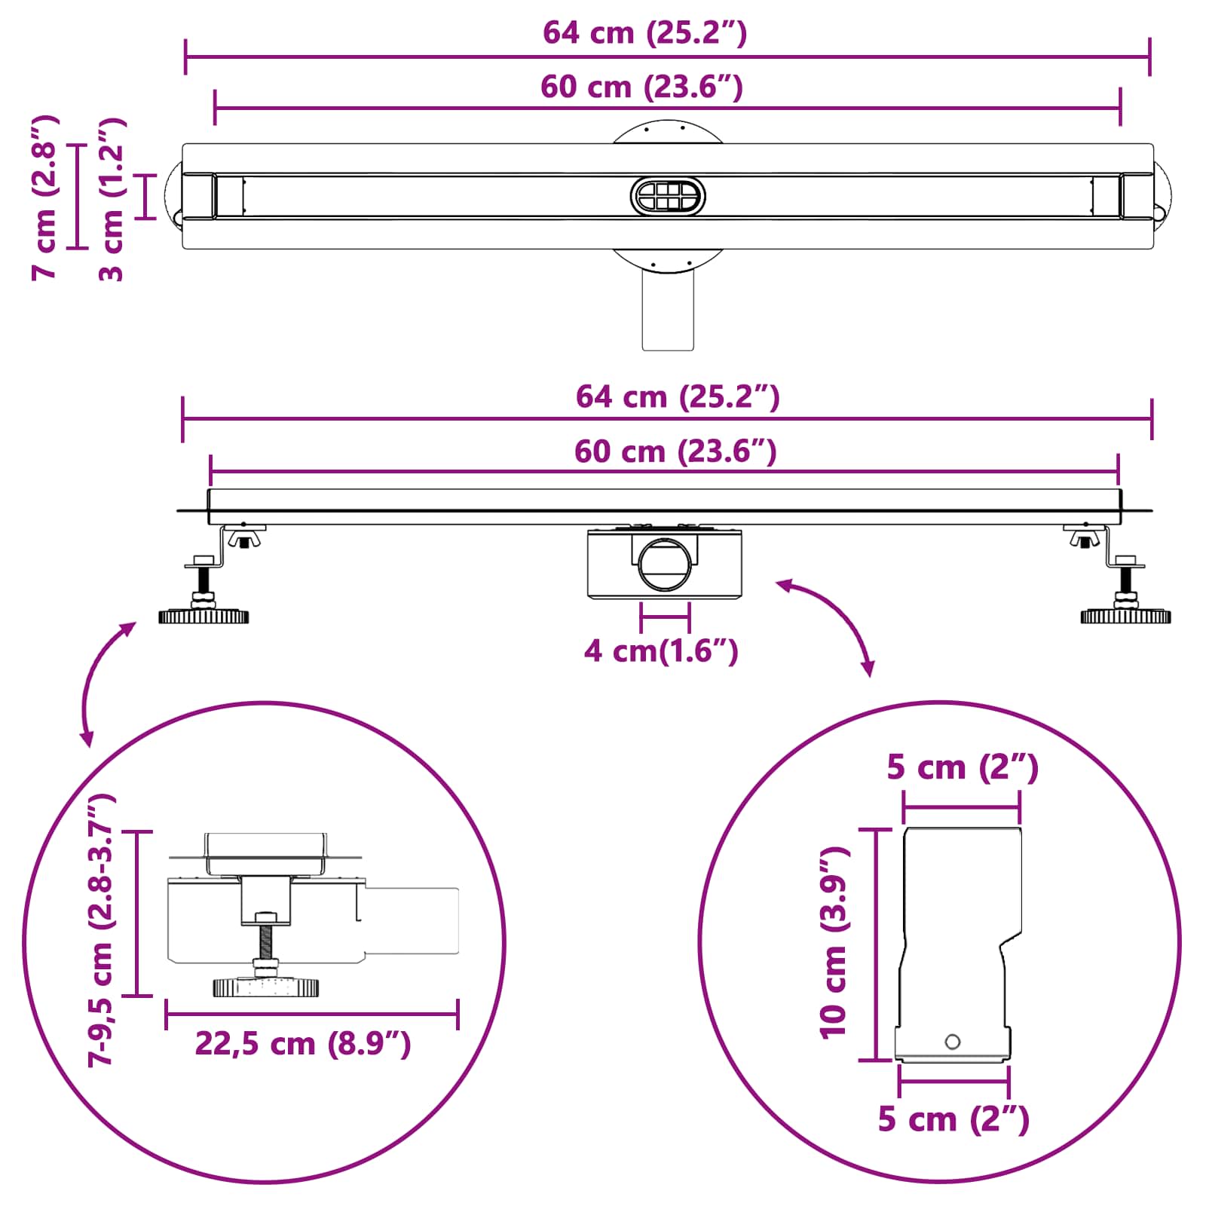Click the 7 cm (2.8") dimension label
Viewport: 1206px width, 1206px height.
click(45, 197)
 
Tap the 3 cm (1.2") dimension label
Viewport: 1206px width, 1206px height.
click(112, 199)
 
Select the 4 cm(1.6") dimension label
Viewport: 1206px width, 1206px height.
click(661, 651)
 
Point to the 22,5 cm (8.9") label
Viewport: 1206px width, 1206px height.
click(303, 1044)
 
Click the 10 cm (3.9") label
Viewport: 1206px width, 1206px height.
click(834, 942)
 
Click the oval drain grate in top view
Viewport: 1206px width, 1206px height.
click(668, 197)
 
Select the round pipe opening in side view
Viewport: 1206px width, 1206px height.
click(664, 564)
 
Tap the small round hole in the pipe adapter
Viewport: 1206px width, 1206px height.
click(953, 1042)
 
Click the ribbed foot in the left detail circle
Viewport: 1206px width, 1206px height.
click(265, 987)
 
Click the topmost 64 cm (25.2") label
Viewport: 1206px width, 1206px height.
click(645, 33)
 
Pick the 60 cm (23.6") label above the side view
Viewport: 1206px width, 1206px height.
click(675, 451)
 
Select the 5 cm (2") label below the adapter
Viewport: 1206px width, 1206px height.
click(953, 1119)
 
